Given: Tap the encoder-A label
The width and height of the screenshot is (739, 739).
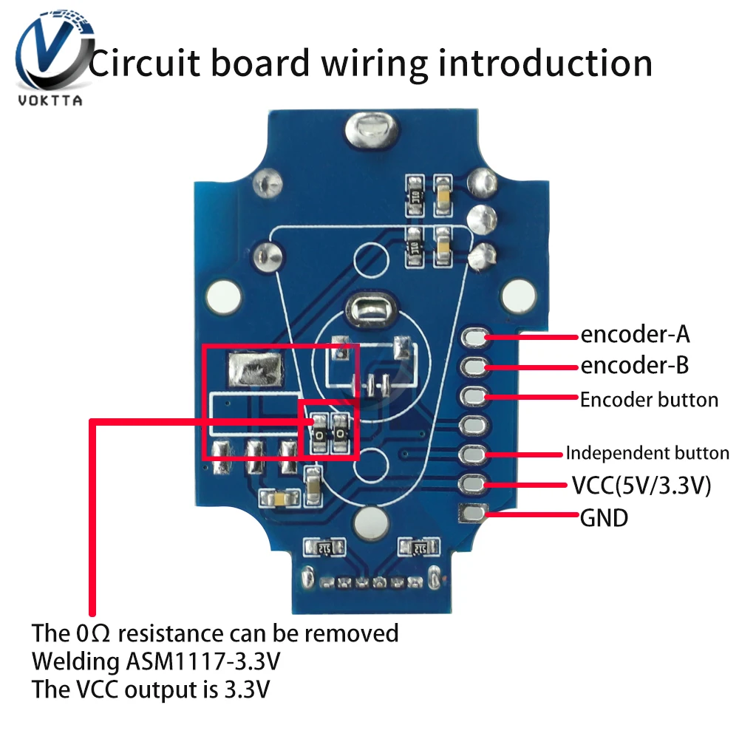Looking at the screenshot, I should [635, 335].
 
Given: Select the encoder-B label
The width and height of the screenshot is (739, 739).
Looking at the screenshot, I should [635, 365].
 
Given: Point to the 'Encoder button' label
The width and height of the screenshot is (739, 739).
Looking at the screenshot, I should [649, 400].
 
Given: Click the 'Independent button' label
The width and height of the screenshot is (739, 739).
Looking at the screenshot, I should [647, 453].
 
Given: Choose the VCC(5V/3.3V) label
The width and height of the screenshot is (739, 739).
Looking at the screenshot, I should [641, 486].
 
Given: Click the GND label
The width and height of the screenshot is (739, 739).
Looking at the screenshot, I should [604, 517].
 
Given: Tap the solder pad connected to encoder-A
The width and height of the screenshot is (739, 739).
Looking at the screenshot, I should [474, 338].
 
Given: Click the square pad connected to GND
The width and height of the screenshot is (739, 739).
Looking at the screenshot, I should [473, 511].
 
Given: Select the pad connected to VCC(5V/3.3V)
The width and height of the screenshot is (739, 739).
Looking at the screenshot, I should [473, 483].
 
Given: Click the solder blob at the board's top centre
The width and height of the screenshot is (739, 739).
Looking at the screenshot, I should [367, 130].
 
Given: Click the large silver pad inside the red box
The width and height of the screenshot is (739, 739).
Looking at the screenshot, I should [256, 368].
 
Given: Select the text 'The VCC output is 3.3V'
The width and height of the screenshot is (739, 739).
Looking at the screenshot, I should [151, 689].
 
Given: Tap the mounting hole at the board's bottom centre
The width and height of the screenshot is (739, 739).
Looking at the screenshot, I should [369, 523].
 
